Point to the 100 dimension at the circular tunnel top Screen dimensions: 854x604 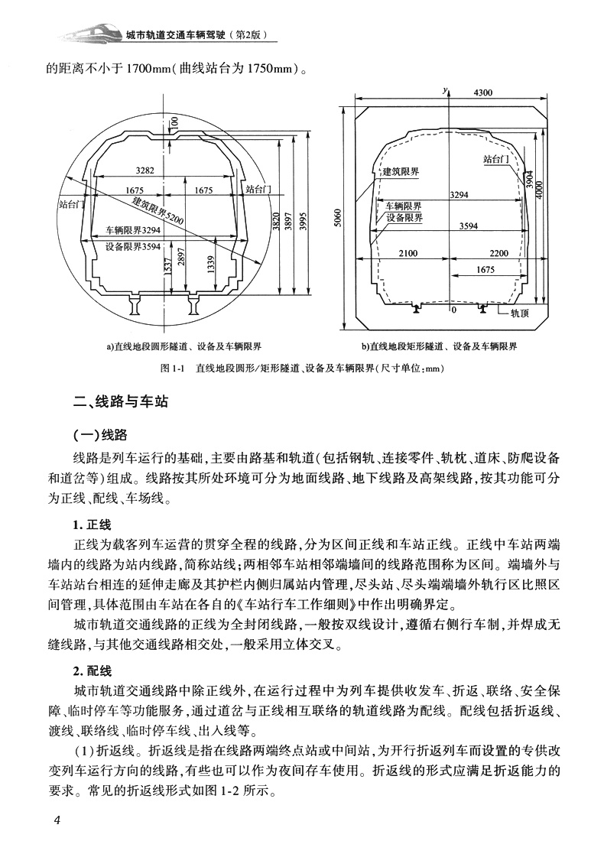tap(174, 122)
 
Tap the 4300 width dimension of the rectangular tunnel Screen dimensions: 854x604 tap(482, 93)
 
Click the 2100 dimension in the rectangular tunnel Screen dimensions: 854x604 tap(409, 253)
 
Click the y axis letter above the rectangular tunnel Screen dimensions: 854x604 tap(444, 90)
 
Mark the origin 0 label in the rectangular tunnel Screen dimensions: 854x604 tap(452, 311)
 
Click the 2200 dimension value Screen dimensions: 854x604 tap(498, 253)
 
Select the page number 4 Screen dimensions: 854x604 tap(57, 820)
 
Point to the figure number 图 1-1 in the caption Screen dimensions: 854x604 tap(175, 368)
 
